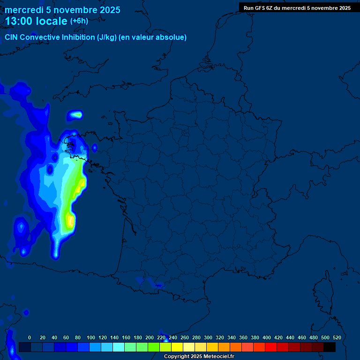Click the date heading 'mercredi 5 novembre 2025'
coord(62,10)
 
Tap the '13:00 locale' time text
coord(36,21)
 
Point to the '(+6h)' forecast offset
coord(79,21)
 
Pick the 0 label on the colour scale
coord(30,337)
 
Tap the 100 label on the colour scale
coord(90,337)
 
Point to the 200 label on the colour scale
coord(149,337)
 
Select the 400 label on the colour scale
coord(266,337)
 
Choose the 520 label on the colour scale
coord(337,337)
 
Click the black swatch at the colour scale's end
coord(330,347)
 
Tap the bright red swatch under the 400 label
coord(271,347)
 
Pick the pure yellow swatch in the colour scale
coord(177,347)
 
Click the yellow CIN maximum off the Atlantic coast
coord(71,220)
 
